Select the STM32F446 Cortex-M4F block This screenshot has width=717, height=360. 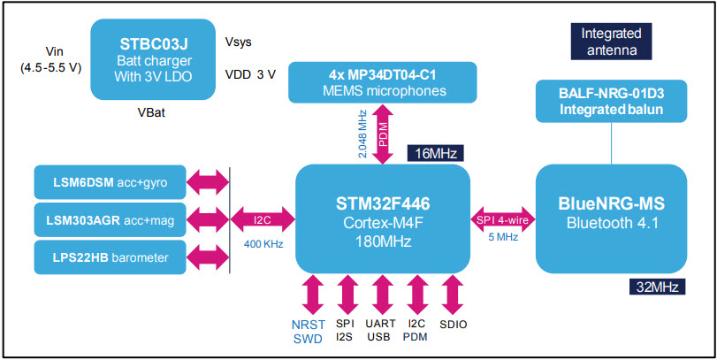[x=382, y=217]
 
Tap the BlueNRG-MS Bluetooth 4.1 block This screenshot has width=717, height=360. [x=611, y=216]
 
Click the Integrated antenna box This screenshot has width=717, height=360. [x=611, y=42]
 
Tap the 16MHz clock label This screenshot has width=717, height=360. [x=434, y=154]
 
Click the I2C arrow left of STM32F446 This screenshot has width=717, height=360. [x=262, y=218]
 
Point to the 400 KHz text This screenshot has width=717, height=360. [x=262, y=243]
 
